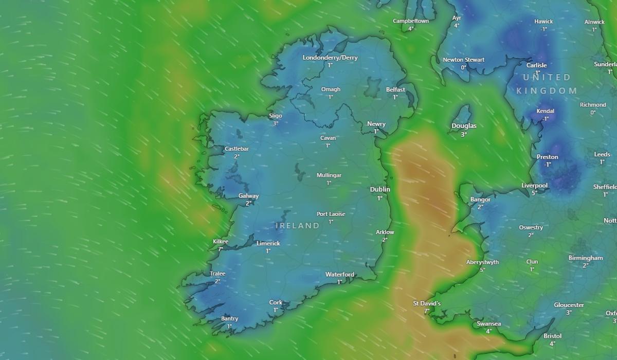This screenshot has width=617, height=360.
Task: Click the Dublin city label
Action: [x=380, y=189]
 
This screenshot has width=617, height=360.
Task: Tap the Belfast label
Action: [x=395, y=89]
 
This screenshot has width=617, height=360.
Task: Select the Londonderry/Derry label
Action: [x=330, y=58]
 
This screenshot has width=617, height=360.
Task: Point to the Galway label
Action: [x=248, y=196]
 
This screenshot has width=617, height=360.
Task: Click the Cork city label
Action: [x=276, y=302]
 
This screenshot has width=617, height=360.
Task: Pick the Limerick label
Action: [x=268, y=243]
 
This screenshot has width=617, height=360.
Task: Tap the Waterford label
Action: [x=340, y=275]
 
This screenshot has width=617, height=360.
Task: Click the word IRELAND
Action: [x=298, y=225]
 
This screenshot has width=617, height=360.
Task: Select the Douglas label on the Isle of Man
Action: [x=464, y=126]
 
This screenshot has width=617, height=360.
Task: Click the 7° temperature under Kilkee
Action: [x=221, y=249]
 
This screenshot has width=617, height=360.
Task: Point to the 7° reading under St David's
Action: [x=426, y=311]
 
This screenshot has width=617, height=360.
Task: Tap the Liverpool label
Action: [x=534, y=186]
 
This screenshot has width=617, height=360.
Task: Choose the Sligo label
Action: [x=276, y=116]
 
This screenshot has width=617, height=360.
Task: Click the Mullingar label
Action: [x=329, y=175]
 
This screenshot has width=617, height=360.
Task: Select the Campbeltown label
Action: [x=411, y=21]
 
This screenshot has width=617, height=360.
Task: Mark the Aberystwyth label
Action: [x=482, y=262]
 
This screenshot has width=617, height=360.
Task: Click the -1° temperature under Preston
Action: [x=547, y=165]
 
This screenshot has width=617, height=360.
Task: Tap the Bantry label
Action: [x=229, y=319]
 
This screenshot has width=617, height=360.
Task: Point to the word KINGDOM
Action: [x=547, y=91]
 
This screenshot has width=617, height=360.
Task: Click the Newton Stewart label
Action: [x=463, y=60]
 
